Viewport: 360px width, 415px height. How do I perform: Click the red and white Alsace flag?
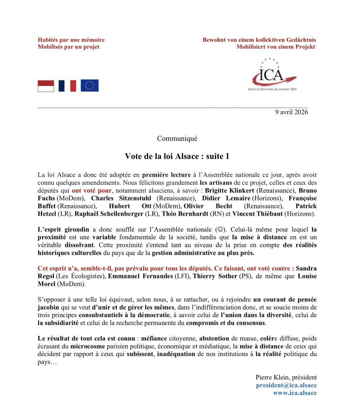pyautogui.click(x=46, y=86)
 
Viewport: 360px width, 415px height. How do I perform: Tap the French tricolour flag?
pyautogui.click(x=67, y=86)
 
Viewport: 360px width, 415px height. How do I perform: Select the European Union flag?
pyautogui.click(x=89, y=86)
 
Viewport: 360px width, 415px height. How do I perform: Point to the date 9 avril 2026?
pyautogui.click(x=292, y=112)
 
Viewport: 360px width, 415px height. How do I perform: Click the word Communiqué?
pyautogui.click(x=177, y=138)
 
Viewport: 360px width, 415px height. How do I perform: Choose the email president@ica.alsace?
pyautogui.click(x=286, y=385)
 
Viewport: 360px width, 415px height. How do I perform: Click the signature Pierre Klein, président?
pyautogui.click(x=286, y=377)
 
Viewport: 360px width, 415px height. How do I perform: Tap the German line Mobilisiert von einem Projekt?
pyautogui.click(x=275, y=47)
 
